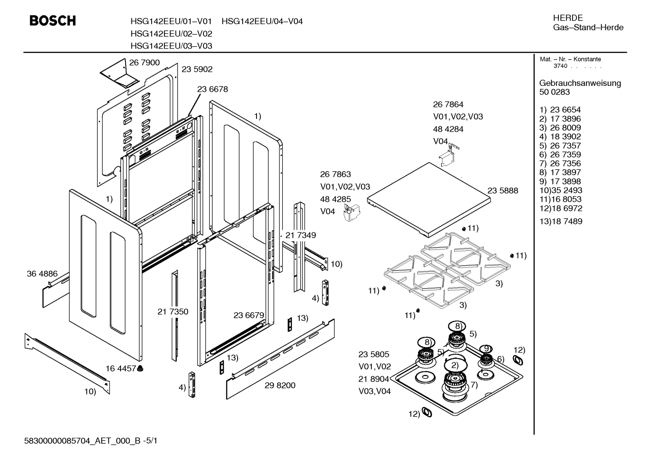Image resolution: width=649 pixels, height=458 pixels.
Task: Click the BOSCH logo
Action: coord(53,21)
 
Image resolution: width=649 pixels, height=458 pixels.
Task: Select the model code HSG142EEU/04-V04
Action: coord(262,22)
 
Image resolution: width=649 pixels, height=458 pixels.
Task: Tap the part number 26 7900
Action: coord(144,62)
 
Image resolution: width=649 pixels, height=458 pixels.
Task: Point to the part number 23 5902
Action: coord(197,69)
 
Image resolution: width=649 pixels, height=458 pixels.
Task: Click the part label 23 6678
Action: coord(213,89)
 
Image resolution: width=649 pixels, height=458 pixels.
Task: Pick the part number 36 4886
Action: coord(42,274)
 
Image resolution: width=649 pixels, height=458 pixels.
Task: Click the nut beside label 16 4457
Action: coord(140,369)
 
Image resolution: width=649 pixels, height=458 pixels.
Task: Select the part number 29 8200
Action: coord(280,385)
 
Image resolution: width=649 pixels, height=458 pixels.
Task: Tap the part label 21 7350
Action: coord(173,311)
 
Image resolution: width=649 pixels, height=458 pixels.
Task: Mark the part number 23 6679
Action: coord(249,315)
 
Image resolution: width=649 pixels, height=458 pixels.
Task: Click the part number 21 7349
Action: coord(301,235)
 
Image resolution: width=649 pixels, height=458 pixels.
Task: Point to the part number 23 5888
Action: coord(503,191)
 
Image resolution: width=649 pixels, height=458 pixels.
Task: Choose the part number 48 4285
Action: coord(335,199)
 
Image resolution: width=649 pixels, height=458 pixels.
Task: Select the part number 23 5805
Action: coord(374,354)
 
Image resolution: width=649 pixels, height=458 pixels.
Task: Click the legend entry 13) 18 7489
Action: coord(561,221)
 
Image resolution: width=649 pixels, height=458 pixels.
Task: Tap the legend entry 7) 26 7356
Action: coord(560,164)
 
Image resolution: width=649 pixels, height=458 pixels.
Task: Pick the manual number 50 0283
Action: coord(554,92)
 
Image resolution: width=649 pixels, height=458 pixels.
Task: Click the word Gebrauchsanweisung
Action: coord(580,83)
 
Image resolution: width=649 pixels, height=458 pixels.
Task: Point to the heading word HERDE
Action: coord(568,18)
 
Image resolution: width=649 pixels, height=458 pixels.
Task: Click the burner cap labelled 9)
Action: coord(486,349)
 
